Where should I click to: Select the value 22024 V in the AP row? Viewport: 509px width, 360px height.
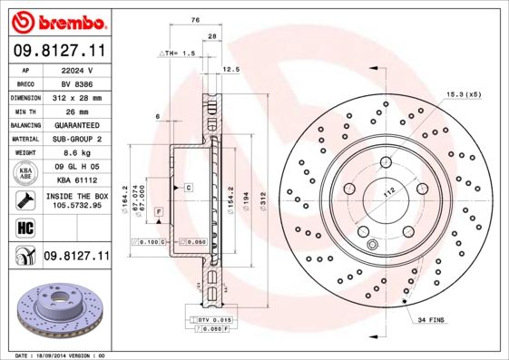(76, 69)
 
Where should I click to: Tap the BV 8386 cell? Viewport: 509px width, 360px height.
(76, 83)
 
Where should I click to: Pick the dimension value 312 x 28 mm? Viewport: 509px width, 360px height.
(76, 96)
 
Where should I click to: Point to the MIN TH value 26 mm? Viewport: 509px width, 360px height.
(76, 110)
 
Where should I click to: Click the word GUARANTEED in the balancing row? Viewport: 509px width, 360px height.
(76, 124)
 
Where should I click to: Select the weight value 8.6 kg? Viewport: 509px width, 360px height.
(76, 152)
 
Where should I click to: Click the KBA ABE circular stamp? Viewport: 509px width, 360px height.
(25, 173)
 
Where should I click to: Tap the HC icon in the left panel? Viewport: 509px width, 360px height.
(25, 226)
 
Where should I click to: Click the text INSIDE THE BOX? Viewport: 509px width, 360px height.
(76, 195)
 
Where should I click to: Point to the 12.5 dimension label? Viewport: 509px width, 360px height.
(230, 69)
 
